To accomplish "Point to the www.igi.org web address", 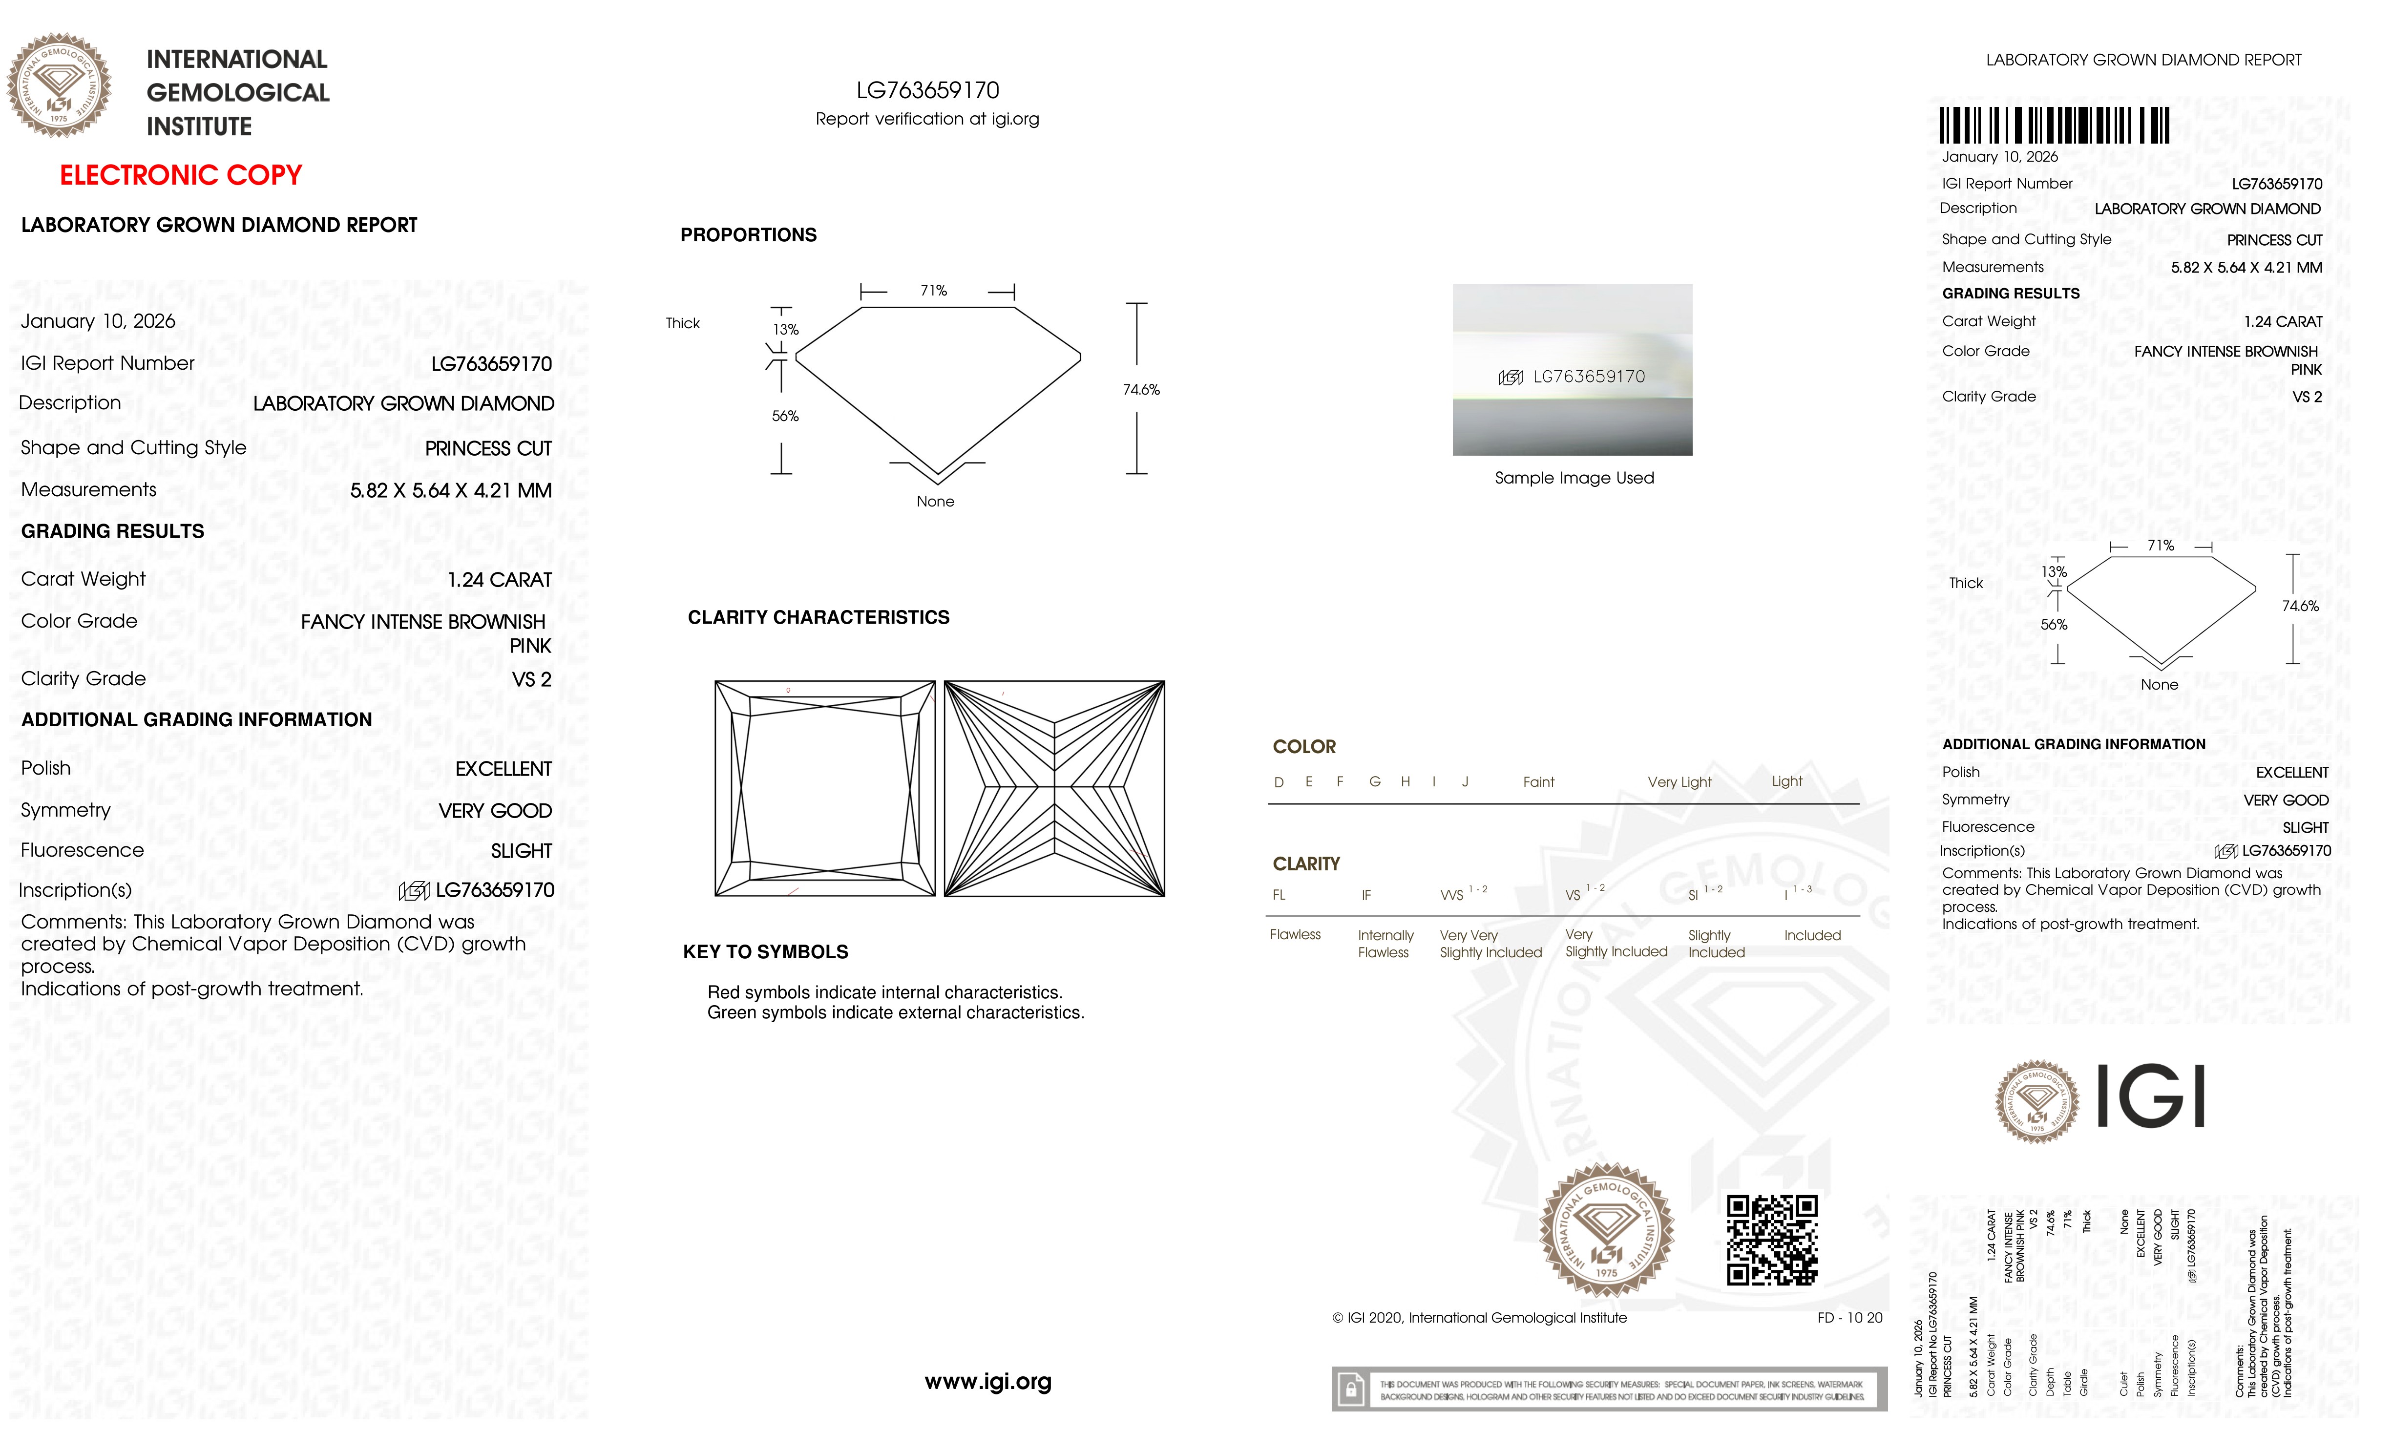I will pyautogui.click(x=987, y=1381).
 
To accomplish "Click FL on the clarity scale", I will pyautogui.click(x=1279, y=896).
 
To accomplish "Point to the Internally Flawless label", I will pyautogui.click(x=1385, y=943).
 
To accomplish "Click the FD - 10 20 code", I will pyautogui.click(x=1849, y=1318).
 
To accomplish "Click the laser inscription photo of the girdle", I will pyautogui.click(x=1573, y=370).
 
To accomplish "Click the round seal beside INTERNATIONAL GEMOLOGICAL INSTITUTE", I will pyautogui.click(x=59, y=85).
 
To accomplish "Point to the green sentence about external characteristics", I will pyautogui.click(x=896, y=1013).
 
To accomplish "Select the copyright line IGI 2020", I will pyautogui.click(x=1479, y=1318).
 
